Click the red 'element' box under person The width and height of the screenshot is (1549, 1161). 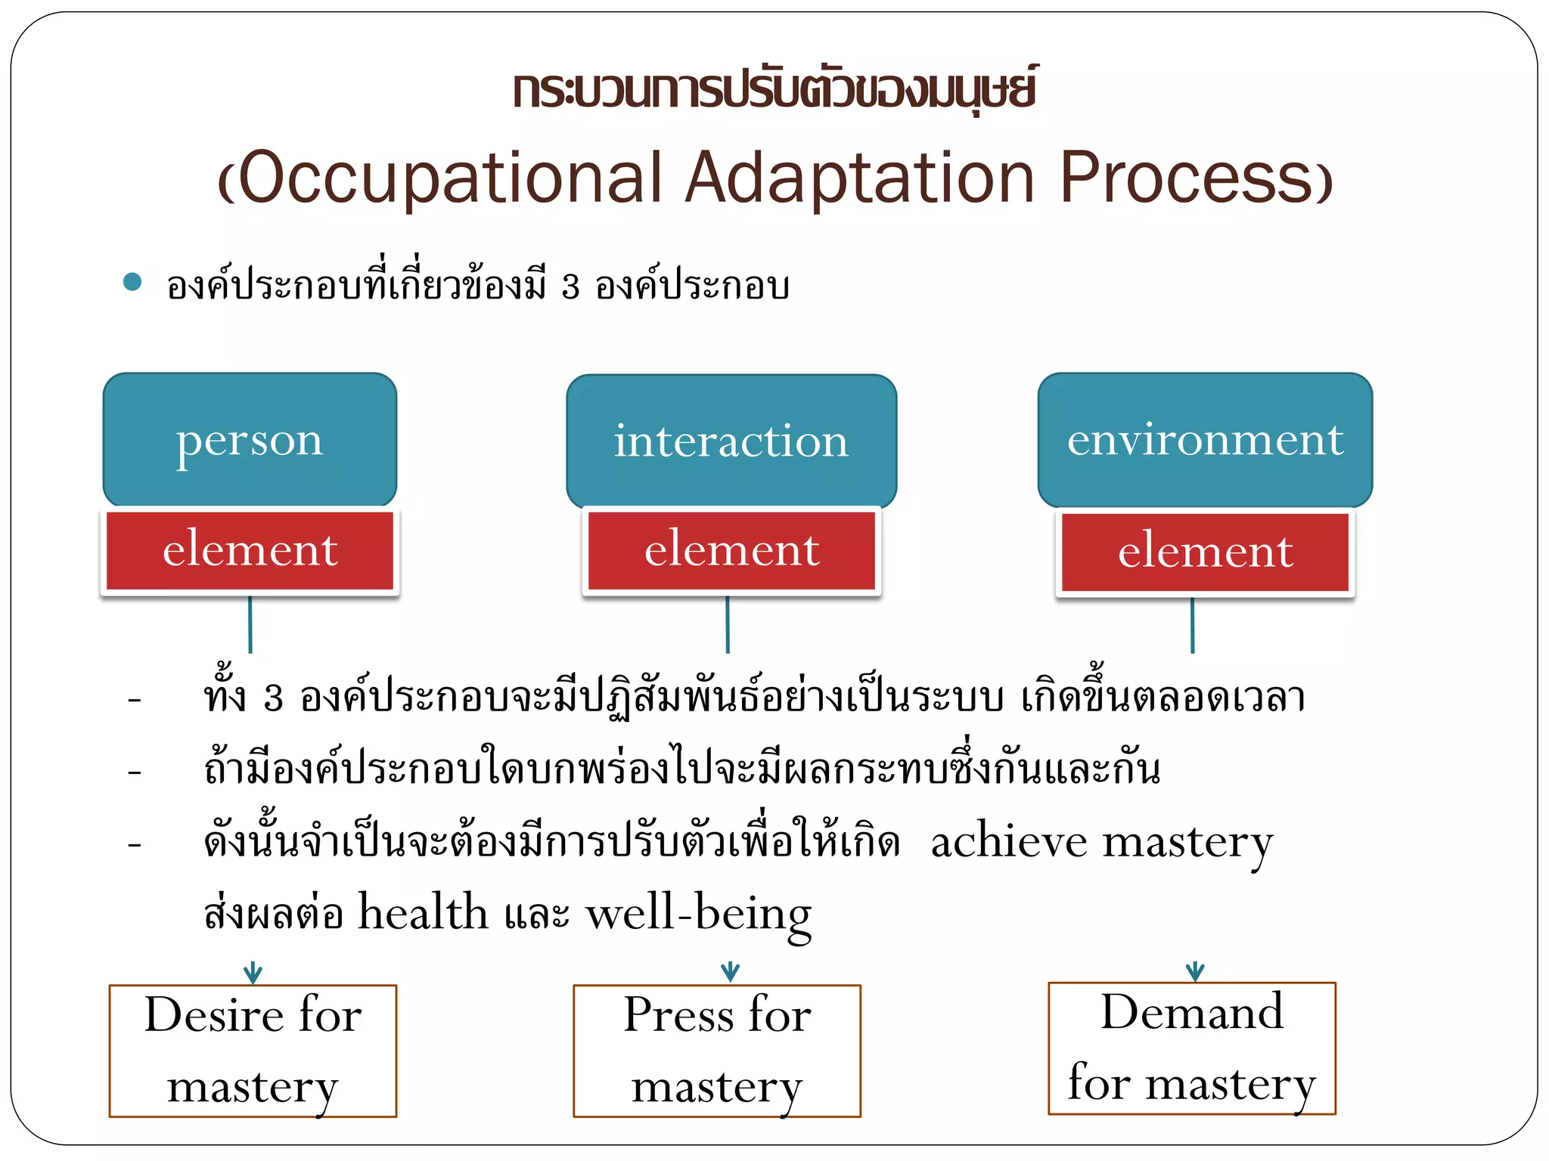(250, 550)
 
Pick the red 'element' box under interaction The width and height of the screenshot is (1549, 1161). (731, 550)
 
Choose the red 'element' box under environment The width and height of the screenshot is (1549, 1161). (1205, 552)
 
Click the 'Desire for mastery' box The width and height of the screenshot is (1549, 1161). (253, 1051)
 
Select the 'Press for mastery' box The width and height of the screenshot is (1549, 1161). (717, 1051)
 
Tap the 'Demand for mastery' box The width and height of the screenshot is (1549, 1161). (1192, 1048)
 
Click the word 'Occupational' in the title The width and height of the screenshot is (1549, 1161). (449, 178)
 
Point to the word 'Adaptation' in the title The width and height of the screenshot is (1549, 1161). (859, 178)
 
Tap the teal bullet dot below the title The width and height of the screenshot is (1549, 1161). (132, 282)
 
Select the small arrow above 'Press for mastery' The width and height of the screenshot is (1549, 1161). (730, 972)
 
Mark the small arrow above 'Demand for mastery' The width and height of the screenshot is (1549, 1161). (1195, 971)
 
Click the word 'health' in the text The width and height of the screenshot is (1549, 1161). (423, 912)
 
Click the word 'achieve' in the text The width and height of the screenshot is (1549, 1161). (1008, 842)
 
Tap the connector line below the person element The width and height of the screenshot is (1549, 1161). (250, 625)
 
